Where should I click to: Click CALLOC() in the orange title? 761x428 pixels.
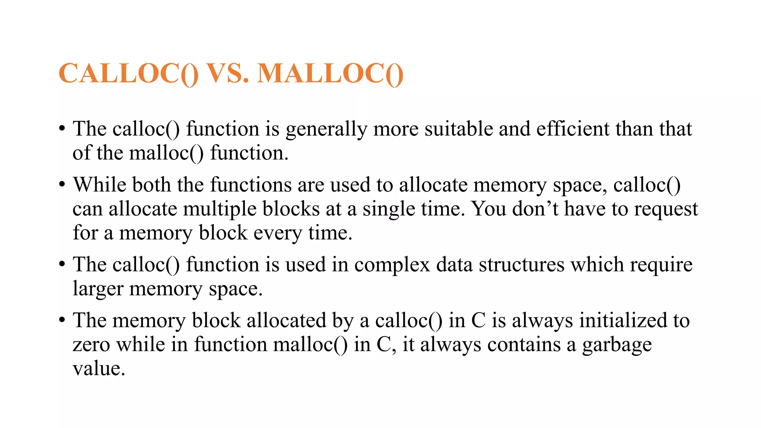click(129, 74)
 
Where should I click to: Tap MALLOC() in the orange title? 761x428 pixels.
click(330, 74)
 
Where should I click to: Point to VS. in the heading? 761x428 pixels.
click(227, 74)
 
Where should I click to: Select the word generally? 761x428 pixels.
click(326, 130)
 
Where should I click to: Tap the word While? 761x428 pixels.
click(100, 185)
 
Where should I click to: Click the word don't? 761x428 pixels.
click(535, 209)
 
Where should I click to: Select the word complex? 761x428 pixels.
click(392, 265)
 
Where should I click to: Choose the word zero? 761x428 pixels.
click(91, 345)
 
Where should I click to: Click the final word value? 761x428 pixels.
click(98, 369)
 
